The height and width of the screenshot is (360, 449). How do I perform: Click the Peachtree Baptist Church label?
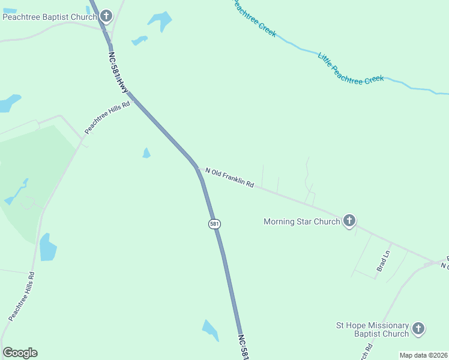point(49,17)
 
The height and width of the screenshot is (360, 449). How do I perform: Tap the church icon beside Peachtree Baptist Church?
point(106,16)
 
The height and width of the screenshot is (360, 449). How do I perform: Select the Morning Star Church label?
point(302,221)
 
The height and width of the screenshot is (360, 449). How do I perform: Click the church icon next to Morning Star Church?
point(349,221)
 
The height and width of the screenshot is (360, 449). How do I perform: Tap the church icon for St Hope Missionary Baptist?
point(418,329)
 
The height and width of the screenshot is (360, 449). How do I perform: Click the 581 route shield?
point(214,224)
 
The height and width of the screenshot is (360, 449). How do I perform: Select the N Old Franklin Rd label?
point(230,178)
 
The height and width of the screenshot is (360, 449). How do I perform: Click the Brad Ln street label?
point(383,262)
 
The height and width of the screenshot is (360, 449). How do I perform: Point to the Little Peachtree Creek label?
point(350,68)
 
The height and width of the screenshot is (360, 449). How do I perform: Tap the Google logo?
point(20,353)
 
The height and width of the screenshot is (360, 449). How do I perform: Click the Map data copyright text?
point(423,355)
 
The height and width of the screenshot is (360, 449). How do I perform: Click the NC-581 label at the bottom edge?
point(243,347)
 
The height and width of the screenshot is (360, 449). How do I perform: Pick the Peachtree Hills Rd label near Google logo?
point(22,296)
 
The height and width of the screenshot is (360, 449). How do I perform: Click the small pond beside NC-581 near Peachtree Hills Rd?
point(146,153)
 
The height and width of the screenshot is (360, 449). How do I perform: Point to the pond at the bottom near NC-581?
point(210,331)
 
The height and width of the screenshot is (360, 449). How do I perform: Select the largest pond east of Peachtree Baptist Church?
point(160,21)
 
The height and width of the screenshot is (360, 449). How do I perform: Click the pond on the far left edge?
point(8,103)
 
